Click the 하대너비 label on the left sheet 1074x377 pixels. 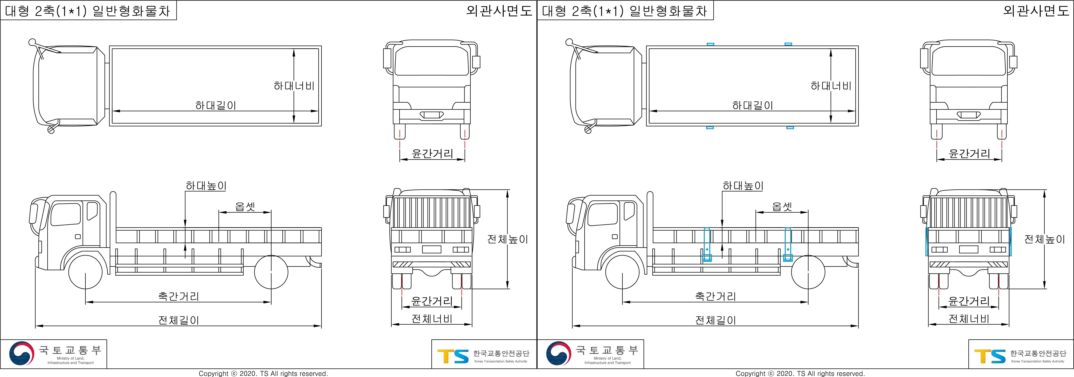click(294, 86)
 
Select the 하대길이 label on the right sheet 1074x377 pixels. click(753, 106)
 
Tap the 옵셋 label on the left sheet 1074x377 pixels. click(245, 207)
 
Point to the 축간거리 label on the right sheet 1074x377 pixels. click(716, 296)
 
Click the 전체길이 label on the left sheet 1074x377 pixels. click(179, 320)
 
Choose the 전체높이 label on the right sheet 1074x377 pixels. click(1044, 239)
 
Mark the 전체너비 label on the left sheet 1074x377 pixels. click(432, 319)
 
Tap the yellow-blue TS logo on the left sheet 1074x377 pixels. click(453, 356)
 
